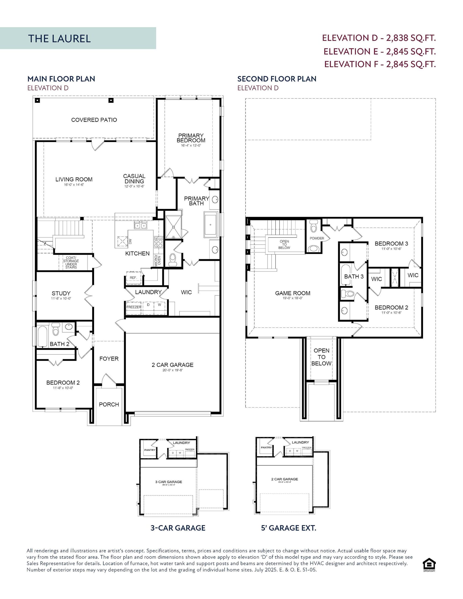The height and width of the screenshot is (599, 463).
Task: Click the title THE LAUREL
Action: click(59, 38)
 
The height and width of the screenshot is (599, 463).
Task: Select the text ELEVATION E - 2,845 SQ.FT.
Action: click(380, 51)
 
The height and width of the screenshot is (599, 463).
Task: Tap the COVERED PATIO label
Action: click(94, 120)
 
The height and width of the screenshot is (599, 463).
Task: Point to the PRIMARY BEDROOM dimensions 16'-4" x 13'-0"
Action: click(191, 146)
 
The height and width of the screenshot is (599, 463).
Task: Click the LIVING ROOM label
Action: click(74, 179)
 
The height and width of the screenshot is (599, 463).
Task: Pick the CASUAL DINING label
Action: click(134, 179)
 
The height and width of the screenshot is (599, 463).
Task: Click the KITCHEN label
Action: click(137, 253)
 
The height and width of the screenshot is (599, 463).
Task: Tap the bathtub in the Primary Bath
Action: click(210, 225)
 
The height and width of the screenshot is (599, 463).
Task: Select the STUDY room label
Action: click(61, 293)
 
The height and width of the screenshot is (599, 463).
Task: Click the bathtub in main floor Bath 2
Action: click(43, 336)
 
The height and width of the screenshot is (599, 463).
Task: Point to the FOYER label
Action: click(109, 359)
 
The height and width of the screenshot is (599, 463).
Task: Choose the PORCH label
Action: click(109, 404)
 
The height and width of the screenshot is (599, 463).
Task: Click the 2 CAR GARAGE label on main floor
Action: click(172, 365)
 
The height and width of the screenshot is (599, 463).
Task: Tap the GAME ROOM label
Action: click(293, 293)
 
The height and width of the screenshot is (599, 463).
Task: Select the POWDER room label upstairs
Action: click(317, 238)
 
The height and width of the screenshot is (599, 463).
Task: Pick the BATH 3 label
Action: click(354, 277)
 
